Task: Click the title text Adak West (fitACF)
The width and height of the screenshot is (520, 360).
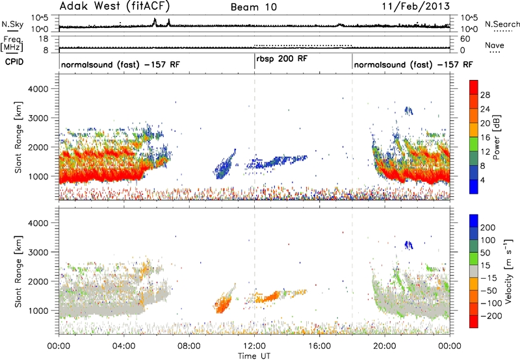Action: click(115, 6)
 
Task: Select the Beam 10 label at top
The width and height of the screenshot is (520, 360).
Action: click(253, 7)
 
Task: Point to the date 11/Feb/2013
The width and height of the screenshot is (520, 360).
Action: click(416, 6)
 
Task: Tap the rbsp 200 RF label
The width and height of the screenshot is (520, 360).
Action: click(282, 58)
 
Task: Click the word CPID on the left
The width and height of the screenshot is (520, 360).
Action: click(14, 62)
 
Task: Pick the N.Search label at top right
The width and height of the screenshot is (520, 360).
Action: click(502, 24)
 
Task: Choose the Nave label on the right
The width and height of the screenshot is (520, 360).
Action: click(495, 45)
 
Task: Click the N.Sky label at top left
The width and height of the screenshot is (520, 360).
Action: click(12, 24)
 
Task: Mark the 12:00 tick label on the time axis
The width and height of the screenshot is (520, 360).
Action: click(254, 346)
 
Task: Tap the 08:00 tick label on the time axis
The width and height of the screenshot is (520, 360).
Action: click(189, 346)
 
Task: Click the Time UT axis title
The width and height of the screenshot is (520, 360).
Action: click(254, 356)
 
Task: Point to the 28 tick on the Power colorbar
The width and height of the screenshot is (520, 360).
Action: click(485, 95)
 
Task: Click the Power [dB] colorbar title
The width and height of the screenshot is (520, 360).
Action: click(497, 137)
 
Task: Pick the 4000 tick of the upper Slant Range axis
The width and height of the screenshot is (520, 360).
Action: click(38, 89)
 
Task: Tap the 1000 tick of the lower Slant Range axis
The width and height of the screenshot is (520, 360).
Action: click(38, 311)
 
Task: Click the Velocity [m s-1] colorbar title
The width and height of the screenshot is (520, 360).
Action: click(508, 271)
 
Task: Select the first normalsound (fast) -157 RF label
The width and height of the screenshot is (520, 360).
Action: click(120, 64)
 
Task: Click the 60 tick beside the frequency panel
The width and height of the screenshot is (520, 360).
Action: click(465, 39)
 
